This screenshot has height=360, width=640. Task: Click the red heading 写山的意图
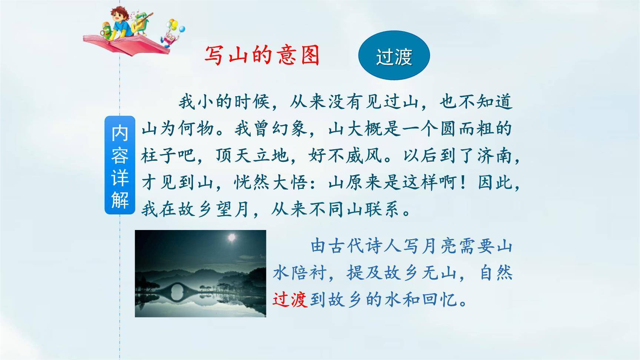262,56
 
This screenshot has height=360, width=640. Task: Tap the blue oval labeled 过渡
394,56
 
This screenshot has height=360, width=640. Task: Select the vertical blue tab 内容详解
120,165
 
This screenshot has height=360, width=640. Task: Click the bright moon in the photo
232,237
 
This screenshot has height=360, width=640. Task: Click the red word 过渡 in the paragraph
290,300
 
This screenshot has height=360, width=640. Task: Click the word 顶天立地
253,156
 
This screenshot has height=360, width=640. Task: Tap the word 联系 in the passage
383,210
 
